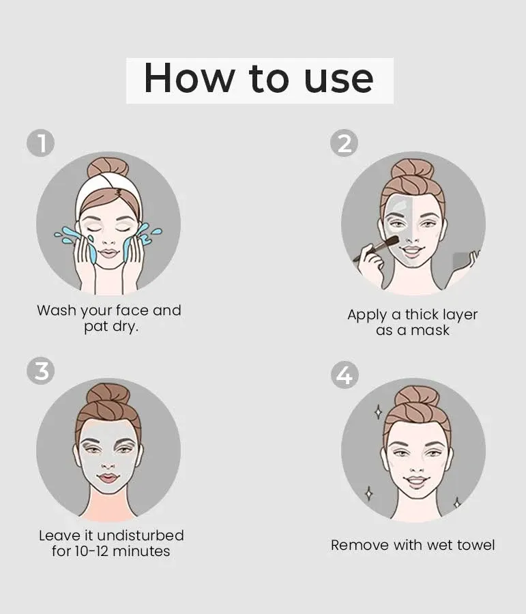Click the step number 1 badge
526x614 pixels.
tap(41, 143)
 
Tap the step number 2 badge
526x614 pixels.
tap(344, 143)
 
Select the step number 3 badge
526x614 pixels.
tap(41, 370)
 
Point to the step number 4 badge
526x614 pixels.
tap(345, 375)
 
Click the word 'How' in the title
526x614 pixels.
tap(189, 78)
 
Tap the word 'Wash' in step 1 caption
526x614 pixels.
tap(57, 310)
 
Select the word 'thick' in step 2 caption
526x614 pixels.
tap(421, 314)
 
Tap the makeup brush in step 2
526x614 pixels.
tap(375, 248)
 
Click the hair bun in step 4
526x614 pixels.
tap(416, 397)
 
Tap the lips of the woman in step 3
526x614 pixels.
tap(108, 478)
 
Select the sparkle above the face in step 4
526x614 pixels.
tap(379, 412)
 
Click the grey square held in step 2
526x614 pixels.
tap(461, 261)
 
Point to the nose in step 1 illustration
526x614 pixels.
tap(108, 240)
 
